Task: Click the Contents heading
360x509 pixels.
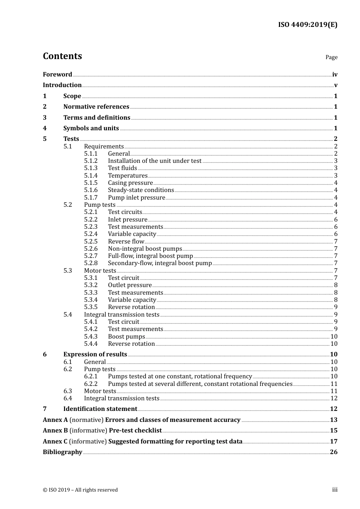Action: point(62,56)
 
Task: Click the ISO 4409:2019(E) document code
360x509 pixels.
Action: point(307,25)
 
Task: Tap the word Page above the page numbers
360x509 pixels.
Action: point(331,57)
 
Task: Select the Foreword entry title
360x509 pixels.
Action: point(57,74)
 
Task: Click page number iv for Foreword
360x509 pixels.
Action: point(335,75)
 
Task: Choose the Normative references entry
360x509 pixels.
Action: point(96,107)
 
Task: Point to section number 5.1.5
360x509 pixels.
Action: point(91,183)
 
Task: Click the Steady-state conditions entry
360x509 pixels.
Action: point(141,190)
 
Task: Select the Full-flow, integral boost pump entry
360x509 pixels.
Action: point(150,256)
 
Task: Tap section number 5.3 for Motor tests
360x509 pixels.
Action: point(67,271)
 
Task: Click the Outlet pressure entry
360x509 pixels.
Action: point(130,285)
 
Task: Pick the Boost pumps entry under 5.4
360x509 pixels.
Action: point(126,337)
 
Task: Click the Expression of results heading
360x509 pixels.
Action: point(95,354)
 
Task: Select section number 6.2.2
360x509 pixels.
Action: point(91,384)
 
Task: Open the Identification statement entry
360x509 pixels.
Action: point(100,409)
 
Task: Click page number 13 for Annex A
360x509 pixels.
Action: point(333,420)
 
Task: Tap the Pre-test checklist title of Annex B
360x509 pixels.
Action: point(135,431)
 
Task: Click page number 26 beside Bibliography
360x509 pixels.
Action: point(333,452)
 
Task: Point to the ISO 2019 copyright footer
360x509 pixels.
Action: point(80,490)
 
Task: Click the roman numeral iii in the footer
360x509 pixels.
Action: point(335,490)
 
